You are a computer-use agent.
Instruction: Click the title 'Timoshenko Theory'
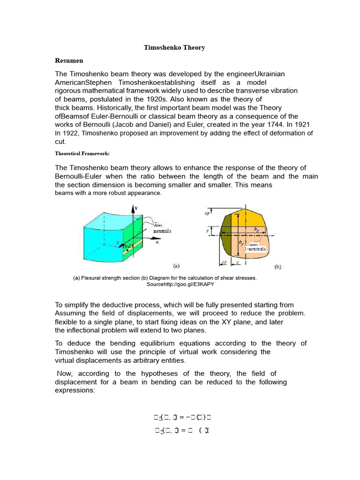click(174, 48)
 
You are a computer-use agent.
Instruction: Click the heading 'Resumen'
click(69, 61)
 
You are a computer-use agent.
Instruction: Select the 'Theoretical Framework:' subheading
click(82, 153)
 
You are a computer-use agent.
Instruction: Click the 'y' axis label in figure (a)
click(136, 207)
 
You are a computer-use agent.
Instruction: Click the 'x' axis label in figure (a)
click(157, 242)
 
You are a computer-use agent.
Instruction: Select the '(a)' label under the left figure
click(176, 266)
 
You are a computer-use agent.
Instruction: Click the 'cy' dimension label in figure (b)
click(207, 213)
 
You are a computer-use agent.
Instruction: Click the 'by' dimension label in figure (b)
click(241, 243)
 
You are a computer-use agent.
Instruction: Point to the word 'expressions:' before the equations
click(75, 390)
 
